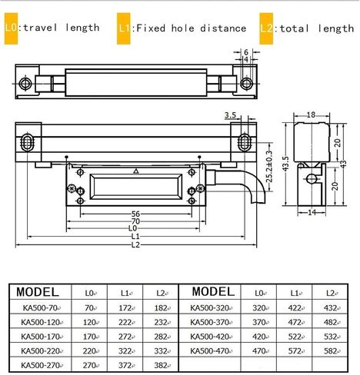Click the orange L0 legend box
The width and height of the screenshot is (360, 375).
[x=11, y=28]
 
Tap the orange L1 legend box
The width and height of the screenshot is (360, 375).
[x=124, y=28]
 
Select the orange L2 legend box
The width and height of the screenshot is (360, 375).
[x=266, y=28]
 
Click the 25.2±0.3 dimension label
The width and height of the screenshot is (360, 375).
[x=269, y=167]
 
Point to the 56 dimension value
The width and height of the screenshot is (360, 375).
[x=135, y=214]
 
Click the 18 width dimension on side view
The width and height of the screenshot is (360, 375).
[x=311, y=114]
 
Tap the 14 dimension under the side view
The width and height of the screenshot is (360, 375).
[x=312, y=212]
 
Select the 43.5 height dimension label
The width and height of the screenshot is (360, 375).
[x=286, y=163]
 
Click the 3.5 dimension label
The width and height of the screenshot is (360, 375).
[x=230, y=115]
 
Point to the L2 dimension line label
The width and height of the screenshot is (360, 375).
[x=135, y=245]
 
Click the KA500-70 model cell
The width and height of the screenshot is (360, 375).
[x=40, y=307]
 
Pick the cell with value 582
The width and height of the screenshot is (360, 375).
[x=330, y=350]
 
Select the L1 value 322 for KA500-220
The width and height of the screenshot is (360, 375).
[x=125, y=350]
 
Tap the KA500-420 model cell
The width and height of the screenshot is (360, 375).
[x=209, y=337]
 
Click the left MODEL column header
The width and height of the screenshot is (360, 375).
[x=38, y=292]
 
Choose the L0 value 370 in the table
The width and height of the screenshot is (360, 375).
[x=258, y=322]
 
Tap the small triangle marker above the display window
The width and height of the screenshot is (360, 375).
[x=136, y=171]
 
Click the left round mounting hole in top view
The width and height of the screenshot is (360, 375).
[x=25, y=84]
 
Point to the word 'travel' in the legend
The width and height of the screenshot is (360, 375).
[x=40, y=28]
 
